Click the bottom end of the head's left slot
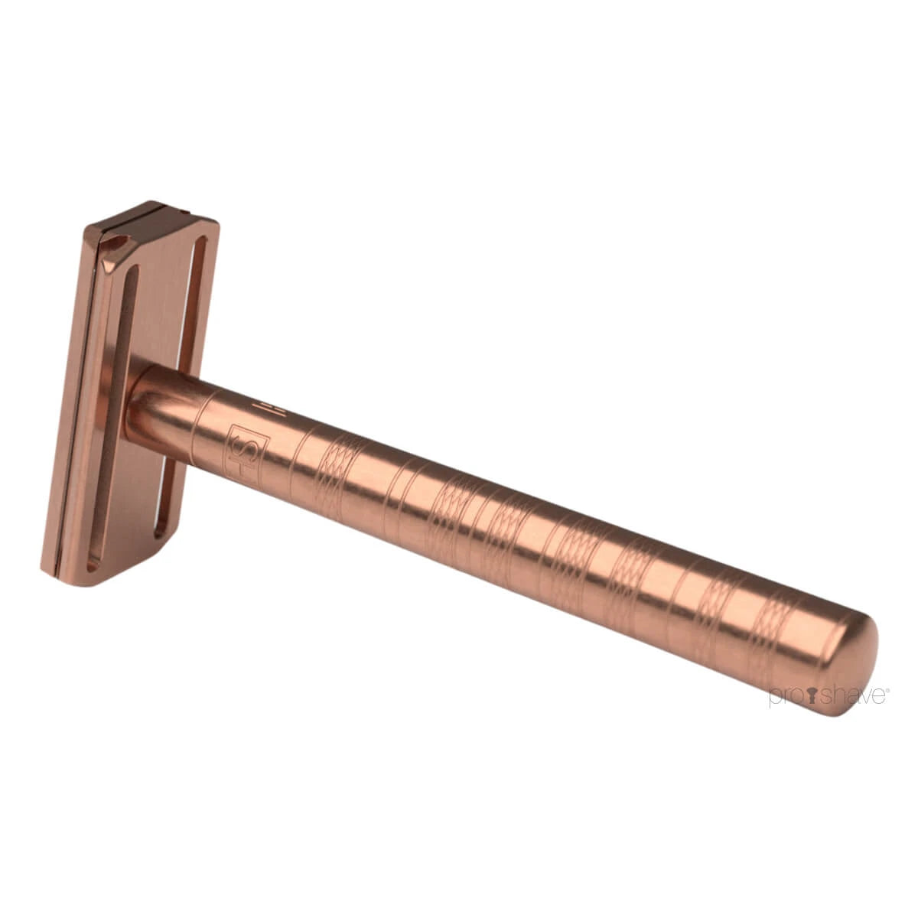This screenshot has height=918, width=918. (x=93, y=562)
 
